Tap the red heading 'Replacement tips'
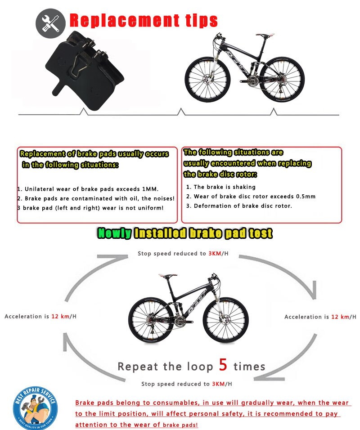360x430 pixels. coord(144,20)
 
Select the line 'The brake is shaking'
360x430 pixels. coord(220,187)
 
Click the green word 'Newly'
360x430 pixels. coord(115,233)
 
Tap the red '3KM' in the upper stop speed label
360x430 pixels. coord(214,254)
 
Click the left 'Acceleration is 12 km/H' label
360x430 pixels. coord(40,316)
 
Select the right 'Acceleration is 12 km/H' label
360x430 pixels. coord(317,317)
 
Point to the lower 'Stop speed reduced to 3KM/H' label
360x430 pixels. coord(187,384)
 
